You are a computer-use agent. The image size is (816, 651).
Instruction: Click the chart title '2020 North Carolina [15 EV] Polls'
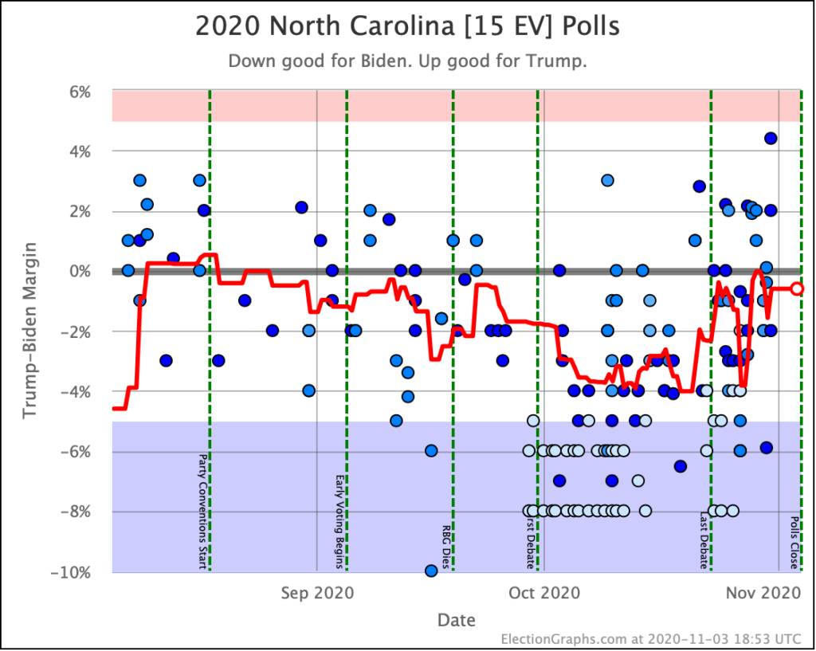pyautogui.click(x=407, y=26)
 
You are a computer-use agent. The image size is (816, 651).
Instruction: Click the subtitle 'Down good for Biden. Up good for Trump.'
pyautogui.click(x=407, y=61)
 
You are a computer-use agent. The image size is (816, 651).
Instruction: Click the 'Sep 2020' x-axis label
pyautogui.click(x=318, y=593)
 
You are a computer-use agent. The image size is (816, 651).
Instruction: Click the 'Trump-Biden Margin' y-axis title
pyautogui.click(x=30, y=331)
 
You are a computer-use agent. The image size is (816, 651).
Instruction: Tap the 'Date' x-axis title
pyautogui.click(x=456, y=620)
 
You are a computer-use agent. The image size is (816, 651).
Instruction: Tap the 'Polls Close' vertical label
pyautogui.click(x=794, y=543)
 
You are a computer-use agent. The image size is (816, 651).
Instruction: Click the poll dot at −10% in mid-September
pyautogui.click(x=431, y=571)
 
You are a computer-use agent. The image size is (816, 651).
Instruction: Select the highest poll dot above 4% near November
pyautogui.click(x=771, y=138)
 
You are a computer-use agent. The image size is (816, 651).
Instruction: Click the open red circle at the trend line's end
pyautogui.click(x=797, y=288)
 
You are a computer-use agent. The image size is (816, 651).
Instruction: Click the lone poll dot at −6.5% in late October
pyautogui.click(x=680, y=466)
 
